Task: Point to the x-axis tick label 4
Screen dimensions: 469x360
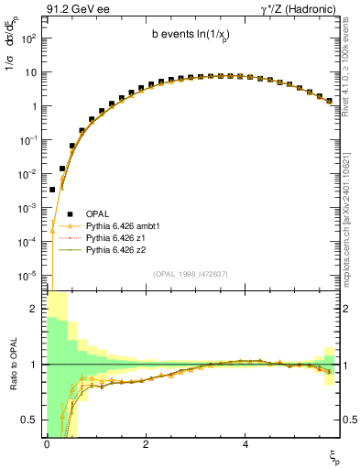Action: (x=245, y=443)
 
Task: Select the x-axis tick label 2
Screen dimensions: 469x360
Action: (x=146, y=443)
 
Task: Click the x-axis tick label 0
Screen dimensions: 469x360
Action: (x=47, y=443)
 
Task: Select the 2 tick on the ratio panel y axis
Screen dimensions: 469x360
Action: (x=35, y=309)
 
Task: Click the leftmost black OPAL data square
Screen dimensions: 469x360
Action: (x=52, y=190)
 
